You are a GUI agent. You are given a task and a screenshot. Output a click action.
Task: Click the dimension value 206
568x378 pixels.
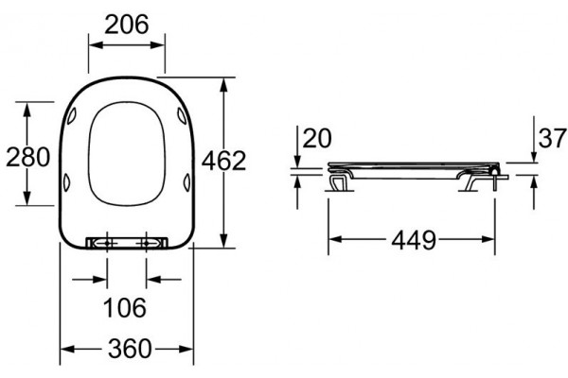(127, 25)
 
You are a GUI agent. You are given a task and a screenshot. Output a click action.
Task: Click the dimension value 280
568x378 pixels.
(27, 157)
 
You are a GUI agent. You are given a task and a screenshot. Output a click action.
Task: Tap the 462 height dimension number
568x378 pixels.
(223, 161)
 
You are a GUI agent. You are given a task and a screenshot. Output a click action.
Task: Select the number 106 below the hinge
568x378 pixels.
(125, 307)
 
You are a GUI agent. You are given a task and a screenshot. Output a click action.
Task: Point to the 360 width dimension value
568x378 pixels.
(130, 349)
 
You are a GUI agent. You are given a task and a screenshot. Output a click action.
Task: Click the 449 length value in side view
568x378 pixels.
(414, 240)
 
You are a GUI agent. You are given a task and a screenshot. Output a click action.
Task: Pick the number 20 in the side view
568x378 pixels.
(317, 138)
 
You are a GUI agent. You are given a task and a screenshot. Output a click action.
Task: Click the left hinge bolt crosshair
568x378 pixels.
(107, 244)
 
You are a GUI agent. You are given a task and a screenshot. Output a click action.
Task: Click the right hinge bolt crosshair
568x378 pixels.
(146, 244)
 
